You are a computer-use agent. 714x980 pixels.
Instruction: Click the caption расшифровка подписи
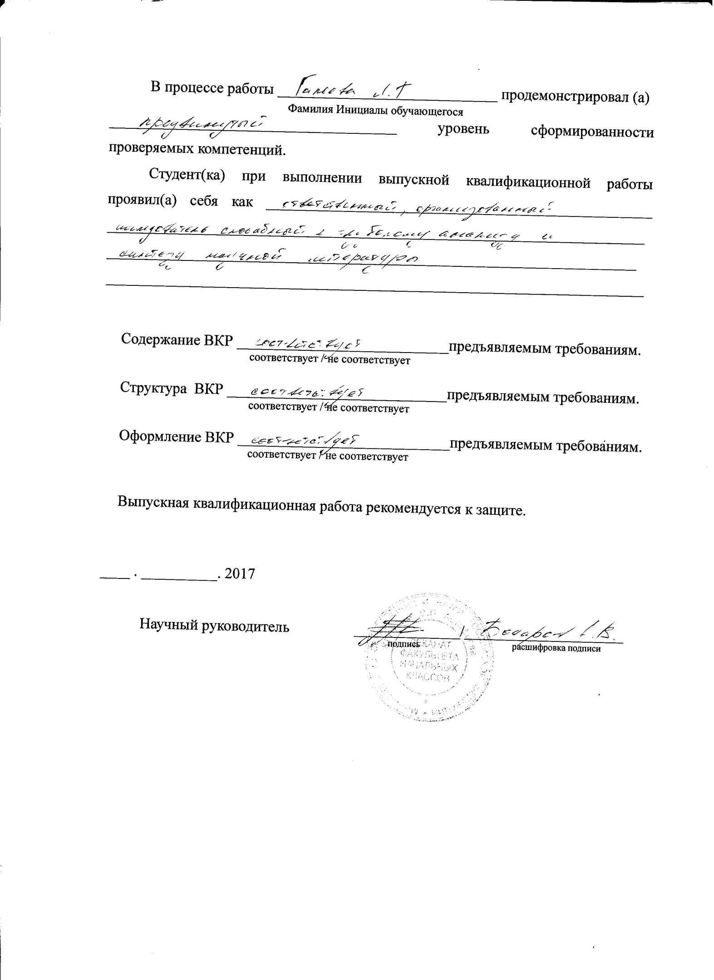[556, 649]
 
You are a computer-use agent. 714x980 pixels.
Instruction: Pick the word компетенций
[241, 150]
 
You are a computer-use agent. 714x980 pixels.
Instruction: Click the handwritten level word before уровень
[202, 126]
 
